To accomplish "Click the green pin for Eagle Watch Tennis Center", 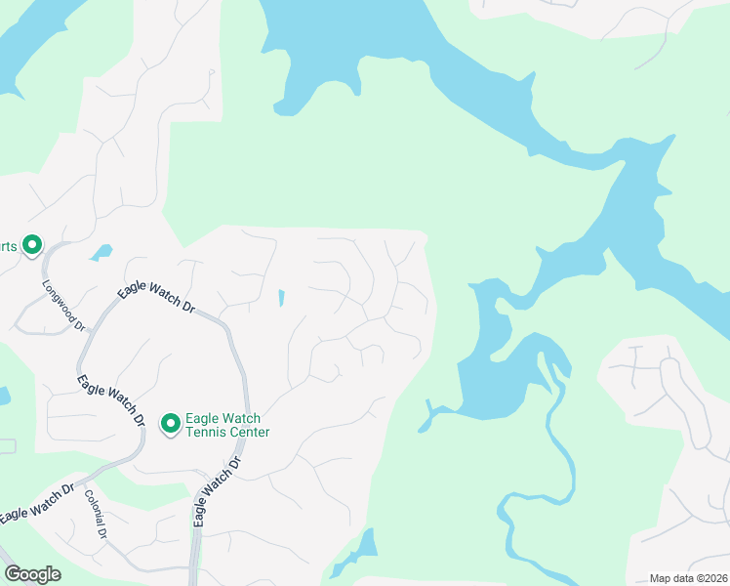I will (x=171, y=423).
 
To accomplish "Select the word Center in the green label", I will (x=248, y=432).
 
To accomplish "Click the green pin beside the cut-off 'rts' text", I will (x=32, y=245).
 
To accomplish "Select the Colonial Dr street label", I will (x=96, y=515).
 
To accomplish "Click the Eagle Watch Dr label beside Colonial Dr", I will (x=36, y=501).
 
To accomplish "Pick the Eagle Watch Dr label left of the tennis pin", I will (x=110, y=399).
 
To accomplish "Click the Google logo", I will (x=32, y=574).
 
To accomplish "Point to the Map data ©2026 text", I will (x=688, y=578).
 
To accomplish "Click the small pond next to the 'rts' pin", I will (x=101, y=252).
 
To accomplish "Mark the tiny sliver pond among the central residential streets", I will (x=281, y=297).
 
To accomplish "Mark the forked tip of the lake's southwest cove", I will (x=426, y=422).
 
